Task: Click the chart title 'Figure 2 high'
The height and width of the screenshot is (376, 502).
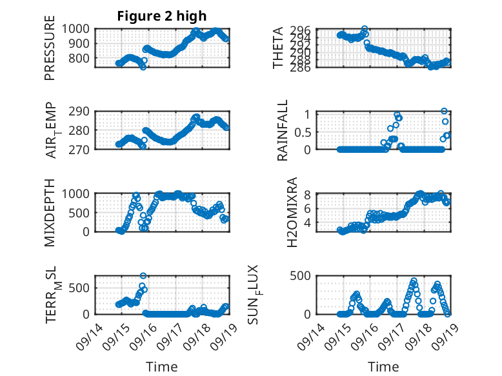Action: (162, 16)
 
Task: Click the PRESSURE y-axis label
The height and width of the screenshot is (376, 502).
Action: (50, 52)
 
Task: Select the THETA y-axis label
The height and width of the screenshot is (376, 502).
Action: (278, 48)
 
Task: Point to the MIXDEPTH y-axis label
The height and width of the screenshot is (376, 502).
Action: (50, 213)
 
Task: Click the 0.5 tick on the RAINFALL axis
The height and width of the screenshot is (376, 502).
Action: (303, 132)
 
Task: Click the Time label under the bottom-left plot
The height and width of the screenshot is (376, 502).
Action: (162, 367)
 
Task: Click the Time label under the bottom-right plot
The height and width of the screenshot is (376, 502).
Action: (383, 367)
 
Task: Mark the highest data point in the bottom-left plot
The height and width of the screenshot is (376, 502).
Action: (143, 276)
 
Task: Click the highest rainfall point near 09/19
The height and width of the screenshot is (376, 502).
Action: (444, 111)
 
